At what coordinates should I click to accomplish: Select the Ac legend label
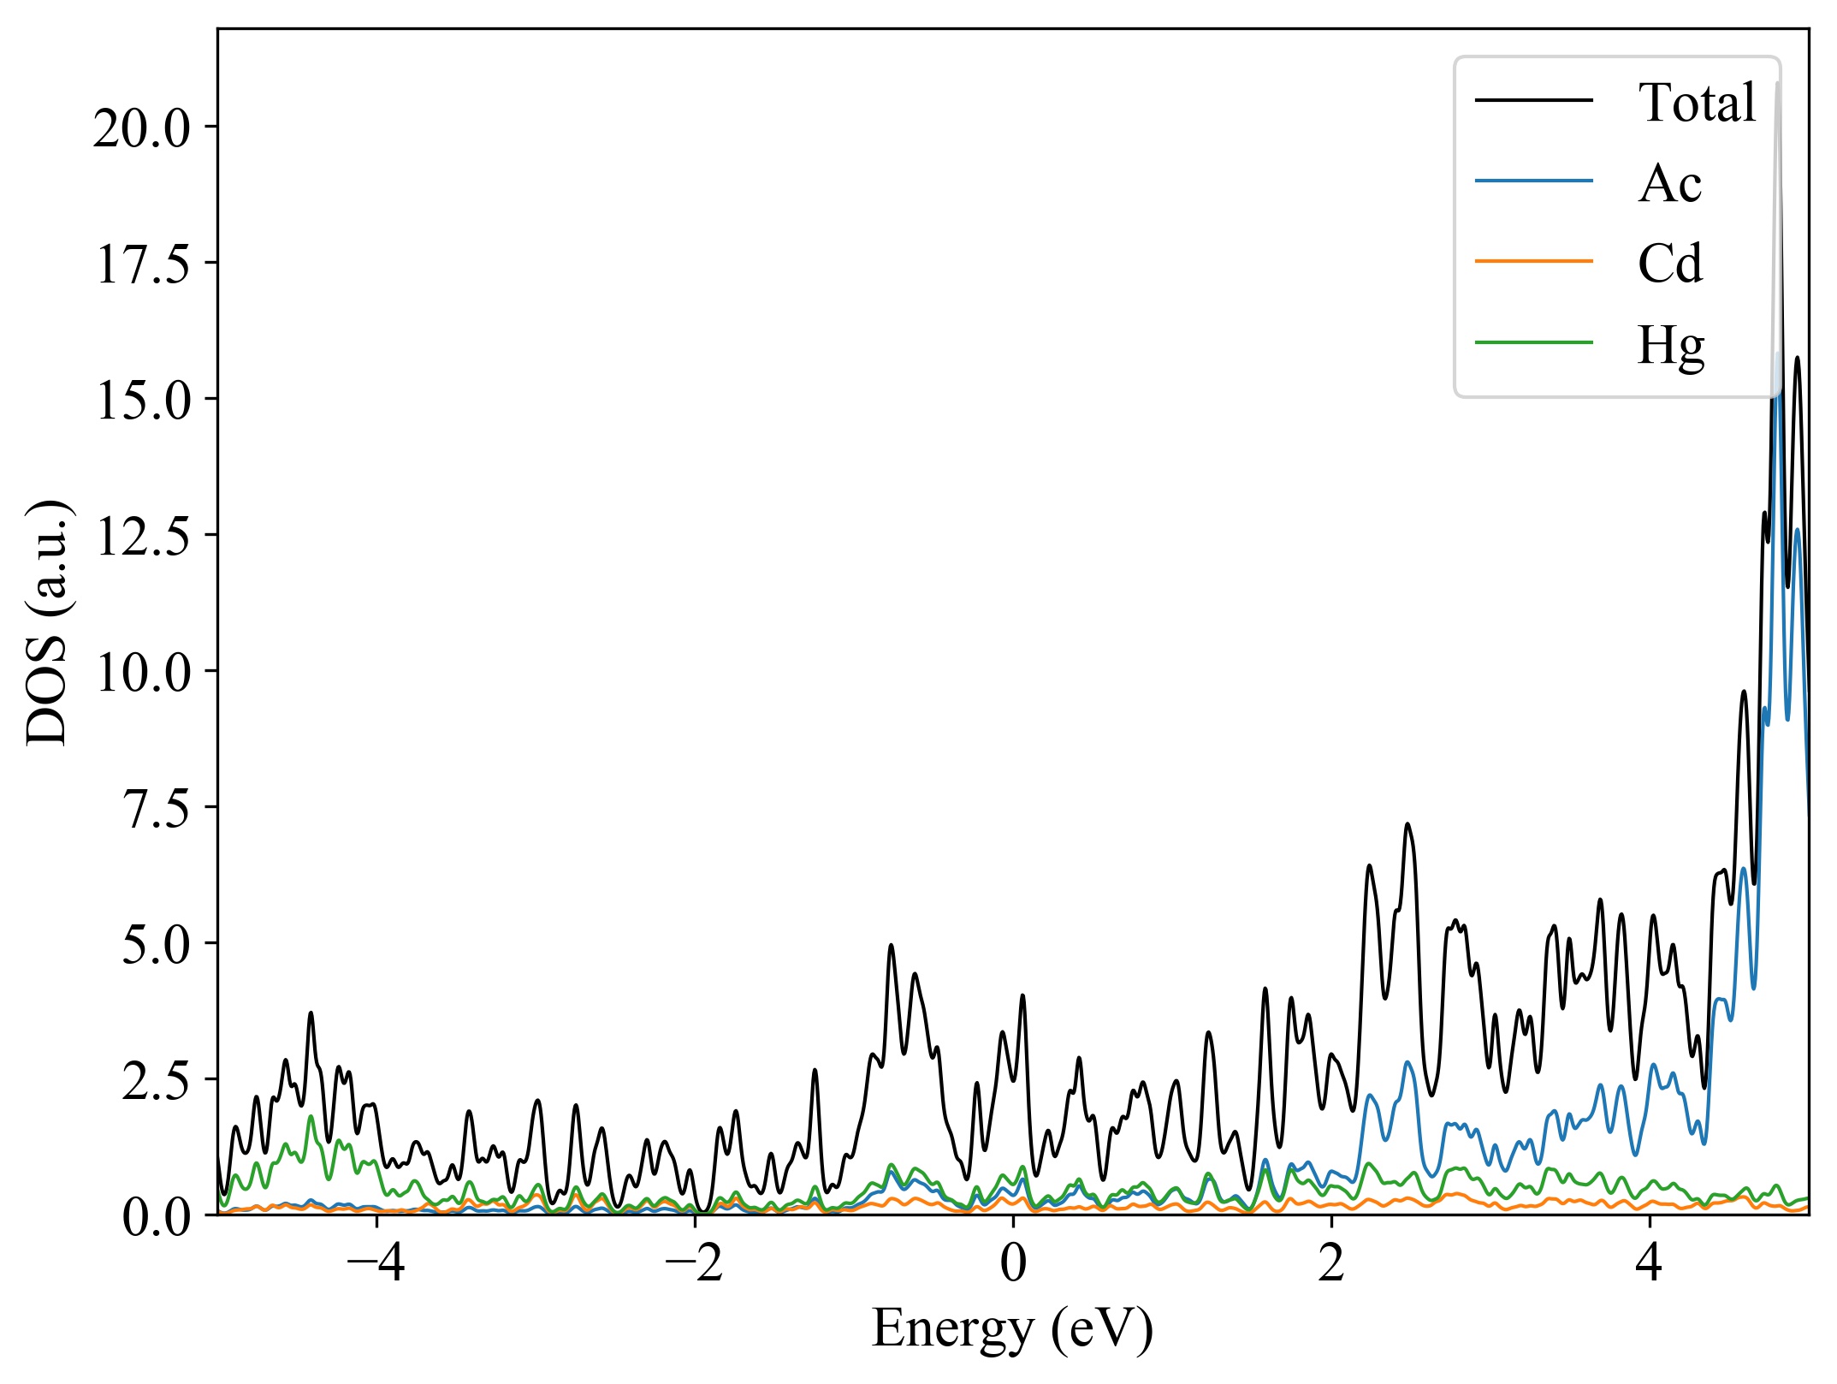[1669, 183]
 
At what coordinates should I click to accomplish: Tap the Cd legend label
[1669, 264]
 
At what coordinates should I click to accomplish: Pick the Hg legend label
[1670, 346]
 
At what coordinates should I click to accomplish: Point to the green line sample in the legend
[1533, 342]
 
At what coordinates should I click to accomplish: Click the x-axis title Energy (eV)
[1012, 1330]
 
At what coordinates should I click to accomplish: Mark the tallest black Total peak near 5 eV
[1777, 84]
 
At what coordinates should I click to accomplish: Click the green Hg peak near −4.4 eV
[311, 1116]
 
